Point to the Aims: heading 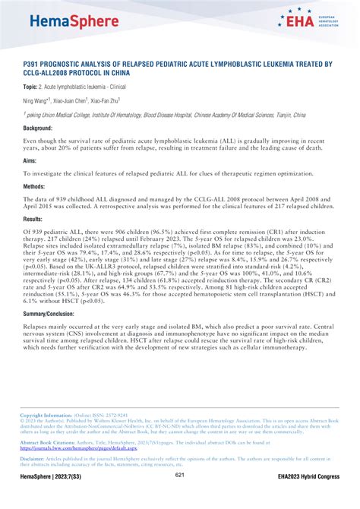tap(30, 163)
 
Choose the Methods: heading tap(34, 185)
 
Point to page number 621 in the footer tap(180, 496)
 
